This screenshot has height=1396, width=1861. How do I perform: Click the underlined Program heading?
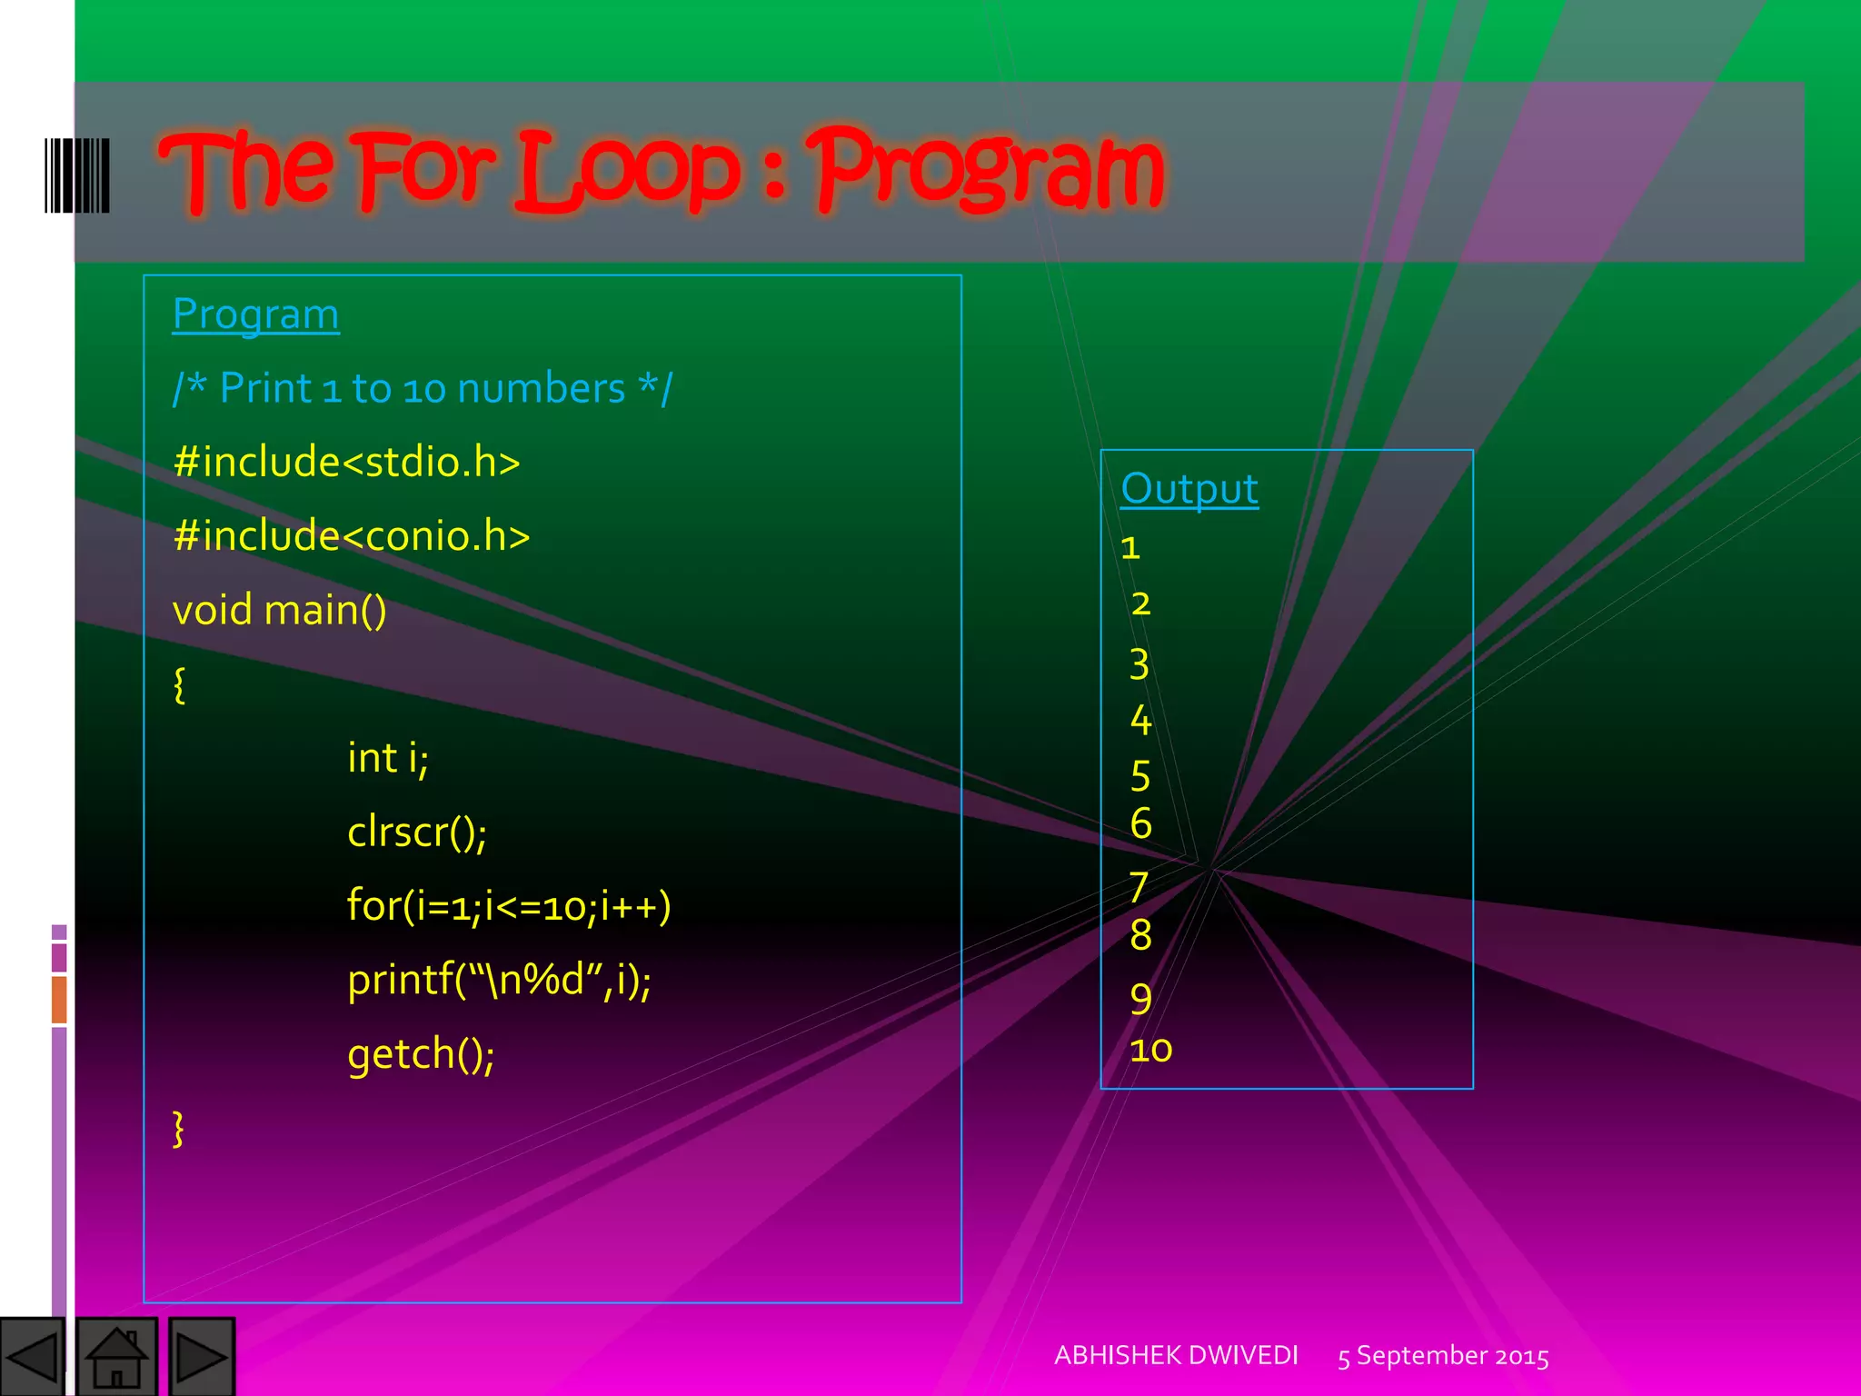point(255,314)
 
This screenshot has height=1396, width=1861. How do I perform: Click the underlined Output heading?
point(1189,489)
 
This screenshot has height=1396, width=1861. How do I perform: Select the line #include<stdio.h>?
point(346,462)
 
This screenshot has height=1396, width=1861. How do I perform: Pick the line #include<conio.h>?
point(351,536)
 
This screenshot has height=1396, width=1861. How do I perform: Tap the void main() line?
point(279,610)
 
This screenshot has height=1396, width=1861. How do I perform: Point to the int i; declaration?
point(387,758)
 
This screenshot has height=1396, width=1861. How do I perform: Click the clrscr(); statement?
point(416,832)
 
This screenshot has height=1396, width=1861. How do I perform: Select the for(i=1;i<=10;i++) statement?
point(509,906)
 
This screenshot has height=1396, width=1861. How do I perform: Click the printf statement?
point(499,980)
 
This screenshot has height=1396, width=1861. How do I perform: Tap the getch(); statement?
point(421,1054)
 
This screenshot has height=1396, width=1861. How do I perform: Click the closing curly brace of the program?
point(179,1129)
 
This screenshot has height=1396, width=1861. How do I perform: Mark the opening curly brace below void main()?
point(179,684)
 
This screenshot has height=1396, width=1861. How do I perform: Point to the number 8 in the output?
point(1140,935)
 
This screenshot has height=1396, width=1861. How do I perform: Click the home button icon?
point(116,1357)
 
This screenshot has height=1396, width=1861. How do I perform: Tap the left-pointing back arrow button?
point(32,1357)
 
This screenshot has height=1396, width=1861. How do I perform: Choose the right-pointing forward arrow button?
point(201,1357)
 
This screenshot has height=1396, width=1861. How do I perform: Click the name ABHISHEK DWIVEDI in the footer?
point(1176,1355)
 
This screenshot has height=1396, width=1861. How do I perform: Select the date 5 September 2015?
point(1443,1356)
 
